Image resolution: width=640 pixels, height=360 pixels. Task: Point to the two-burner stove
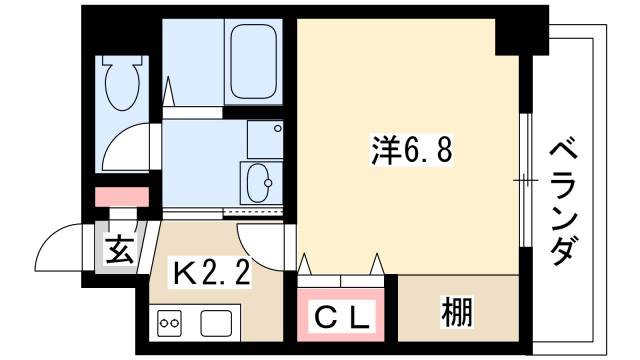[170, 323]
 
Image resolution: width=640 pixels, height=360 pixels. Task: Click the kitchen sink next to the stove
[216, 322]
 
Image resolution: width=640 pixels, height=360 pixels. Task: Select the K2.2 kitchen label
[213, 271]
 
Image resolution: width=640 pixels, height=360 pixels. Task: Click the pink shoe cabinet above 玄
[121, 196]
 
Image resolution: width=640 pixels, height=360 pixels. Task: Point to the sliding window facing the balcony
[523, 180]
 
